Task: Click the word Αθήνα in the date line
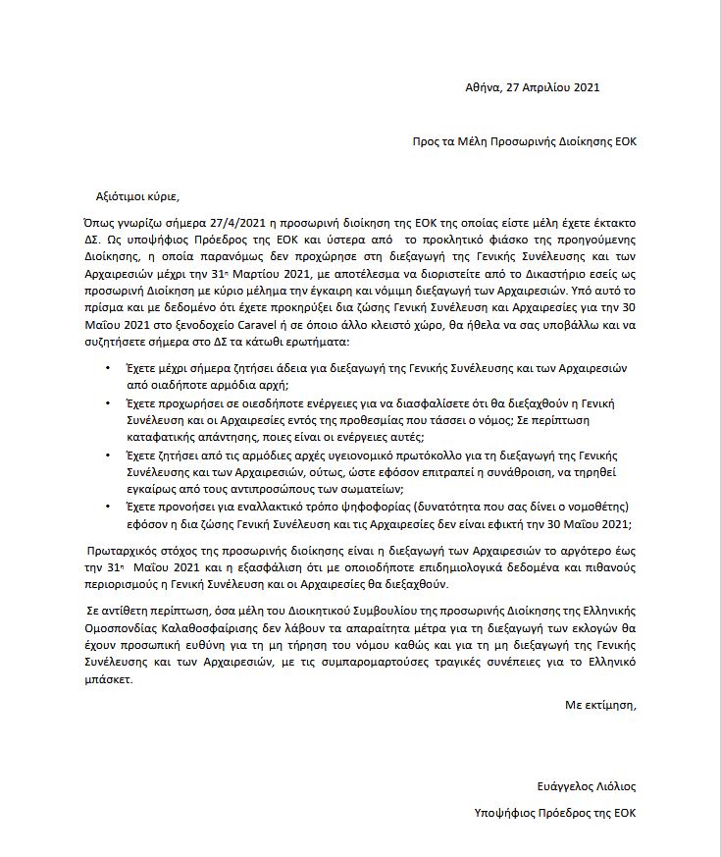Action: point(481,87)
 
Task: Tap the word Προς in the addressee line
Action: point(426,141)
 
